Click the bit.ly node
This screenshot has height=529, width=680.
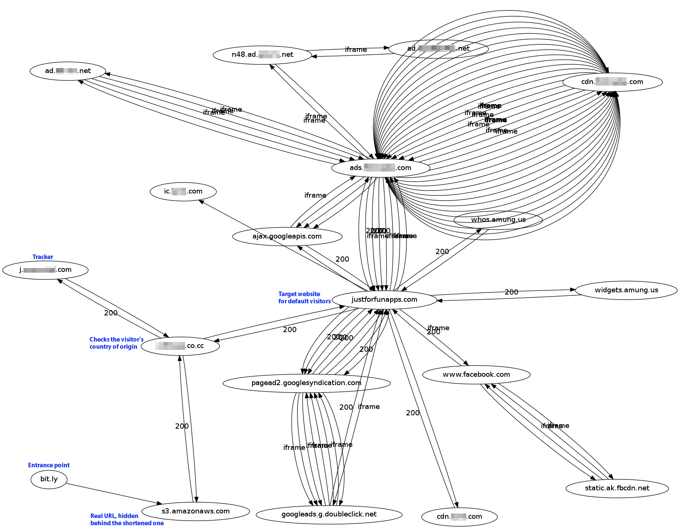(x=49, y=479)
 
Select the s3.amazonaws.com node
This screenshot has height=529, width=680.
(x=195, y=511)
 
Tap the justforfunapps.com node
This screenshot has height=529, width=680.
(x=384, y=300)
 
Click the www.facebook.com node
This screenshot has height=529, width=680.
(x=476, y=375)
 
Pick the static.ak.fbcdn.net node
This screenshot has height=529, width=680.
(x=617, y=488)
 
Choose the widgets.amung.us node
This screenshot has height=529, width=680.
(x=626, y=290)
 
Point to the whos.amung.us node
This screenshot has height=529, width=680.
(x=498, y=220)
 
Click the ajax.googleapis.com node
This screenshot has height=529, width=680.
(x=287, y=236)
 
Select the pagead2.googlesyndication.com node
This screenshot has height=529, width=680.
(x=306, y=383)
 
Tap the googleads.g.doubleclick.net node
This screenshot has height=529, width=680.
(x=329, y=514)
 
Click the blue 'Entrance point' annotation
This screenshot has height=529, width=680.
(x=49, y=465)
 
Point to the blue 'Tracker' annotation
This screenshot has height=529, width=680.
(x=43, y=257)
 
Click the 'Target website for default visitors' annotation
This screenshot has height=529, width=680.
(x=304, y=298)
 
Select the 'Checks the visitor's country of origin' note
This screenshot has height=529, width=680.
(x=116, y=343)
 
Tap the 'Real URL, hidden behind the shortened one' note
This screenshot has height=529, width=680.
(x=127, y=520)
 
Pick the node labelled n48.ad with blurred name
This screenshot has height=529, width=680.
(x=262, y=55)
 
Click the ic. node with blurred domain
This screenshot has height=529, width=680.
(x=183, y=191)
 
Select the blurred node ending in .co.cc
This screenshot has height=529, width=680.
(x=180, y=346)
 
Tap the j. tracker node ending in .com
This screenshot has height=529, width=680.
(x=45, y=270)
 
